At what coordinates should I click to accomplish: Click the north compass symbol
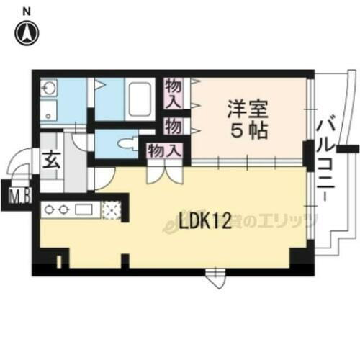pyautogui.click(x=27, y=32)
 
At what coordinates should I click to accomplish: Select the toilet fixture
pyautogui.click(x=127, y=142)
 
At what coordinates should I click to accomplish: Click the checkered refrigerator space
pyautogui.click(x=112, y=210)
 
